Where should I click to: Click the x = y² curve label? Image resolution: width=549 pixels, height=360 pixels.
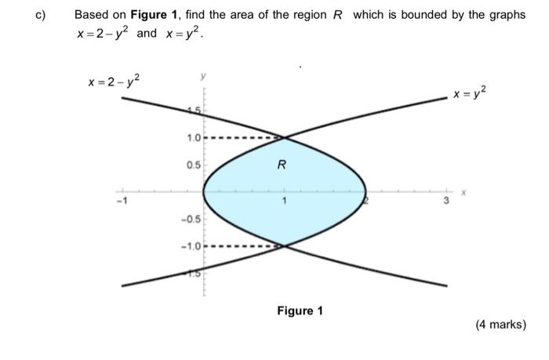pyautogui.click(x=470, y=94)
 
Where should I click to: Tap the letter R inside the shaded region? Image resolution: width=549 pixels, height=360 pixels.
pyautogui.click(x=282, y=165)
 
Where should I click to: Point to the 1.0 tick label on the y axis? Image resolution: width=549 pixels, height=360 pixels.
pyautogui.click(x=193, y=138)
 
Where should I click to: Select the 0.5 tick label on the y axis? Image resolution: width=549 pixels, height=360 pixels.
pyautogui.click(x=193, y=165)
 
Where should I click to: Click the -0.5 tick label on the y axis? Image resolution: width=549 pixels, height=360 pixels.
pyautogui.click(x=191, y=219)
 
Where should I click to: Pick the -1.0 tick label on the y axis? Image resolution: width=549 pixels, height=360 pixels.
pyautogui.click(x=191, y=246)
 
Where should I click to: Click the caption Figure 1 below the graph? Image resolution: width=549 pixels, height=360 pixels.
pyautogui.click(x=300, y=311)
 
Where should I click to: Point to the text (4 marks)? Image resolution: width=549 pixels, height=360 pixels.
pyautogui.click(x=500, y=324)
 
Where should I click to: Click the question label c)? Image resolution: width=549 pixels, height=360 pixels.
pyautogui.click(x=23, y=15)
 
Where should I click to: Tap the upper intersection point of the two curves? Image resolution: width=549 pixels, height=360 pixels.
pyautogui.click(x=285, y=138)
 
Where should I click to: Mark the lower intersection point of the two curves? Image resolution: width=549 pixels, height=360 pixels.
pyautogui.click(x=285, y=245)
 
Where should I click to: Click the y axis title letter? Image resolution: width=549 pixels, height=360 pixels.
pyautogui.click(x=204, y=76)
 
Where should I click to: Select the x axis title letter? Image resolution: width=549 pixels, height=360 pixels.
pyautogui.click(x=464, y=191)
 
